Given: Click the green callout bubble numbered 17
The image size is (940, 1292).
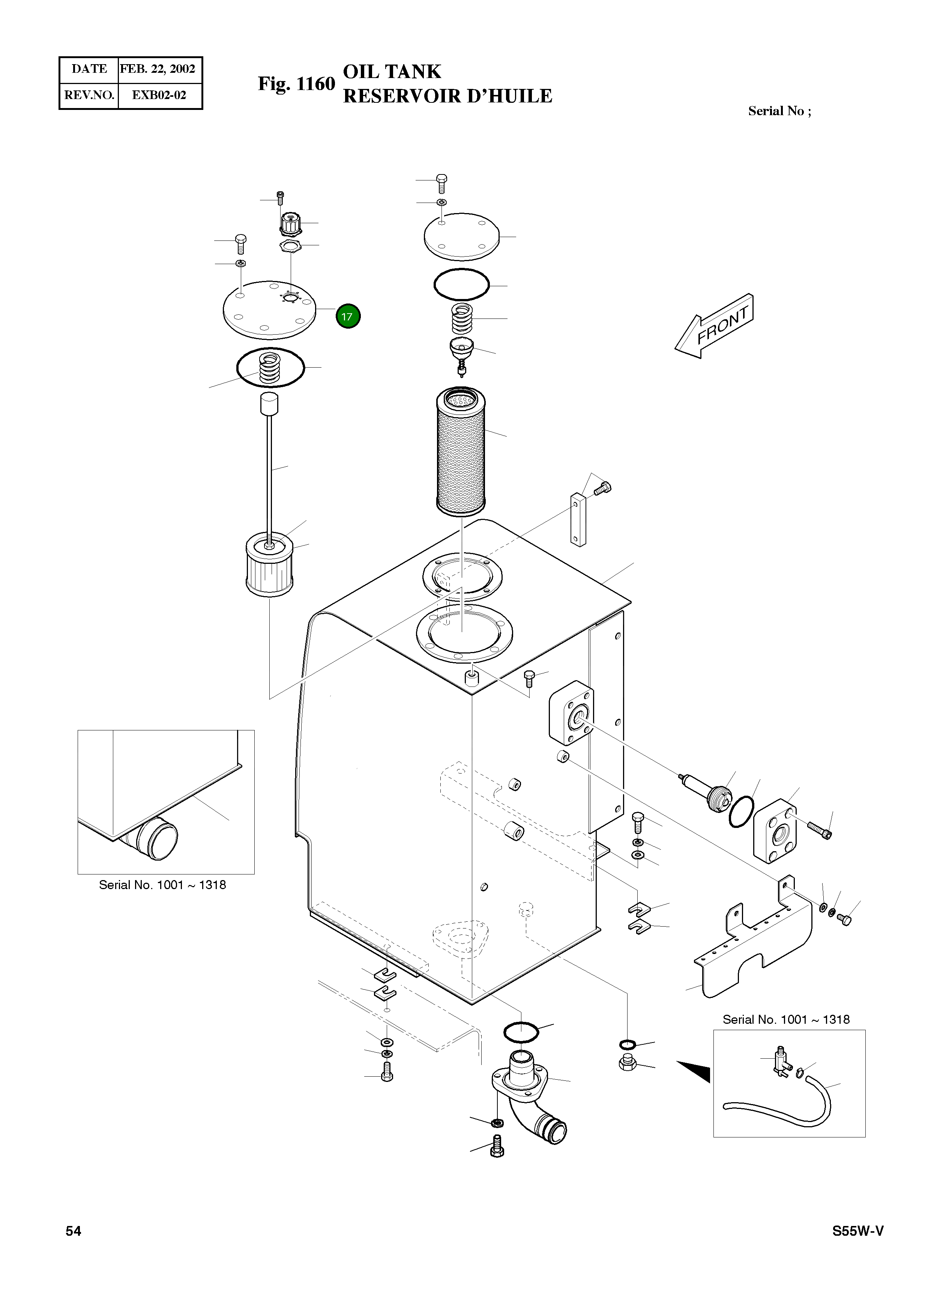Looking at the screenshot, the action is point(348,317).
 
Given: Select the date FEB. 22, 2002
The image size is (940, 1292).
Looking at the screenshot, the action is point(158,69).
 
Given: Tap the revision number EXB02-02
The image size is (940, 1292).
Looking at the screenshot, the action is point(159,95).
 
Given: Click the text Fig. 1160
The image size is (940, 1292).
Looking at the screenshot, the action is point(296,84).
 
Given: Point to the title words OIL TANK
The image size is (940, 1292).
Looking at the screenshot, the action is point(392,71).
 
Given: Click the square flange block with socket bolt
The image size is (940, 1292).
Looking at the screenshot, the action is point(775,831).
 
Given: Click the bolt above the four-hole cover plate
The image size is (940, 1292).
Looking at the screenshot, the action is point(441,182).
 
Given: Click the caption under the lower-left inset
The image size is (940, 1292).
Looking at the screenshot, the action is point(162,885).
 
